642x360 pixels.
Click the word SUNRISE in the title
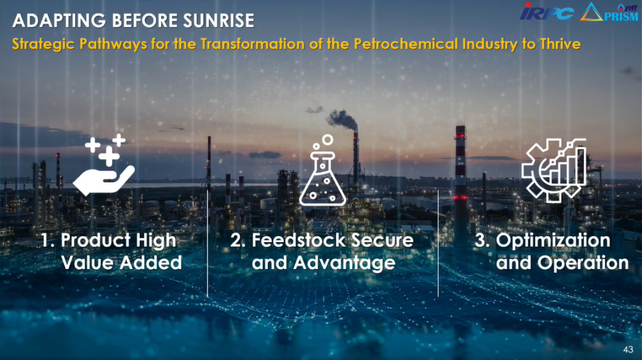click(x=218, y=21)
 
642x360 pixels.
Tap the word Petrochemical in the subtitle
click(x=406, y=44)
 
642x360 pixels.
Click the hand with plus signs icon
click(x=104, y=165)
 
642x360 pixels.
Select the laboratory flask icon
click(x=323, y=171)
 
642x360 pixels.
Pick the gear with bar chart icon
click(x=554, y=170)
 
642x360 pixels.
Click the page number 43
click(x=628, y=349)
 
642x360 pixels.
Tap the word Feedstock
click(x=298, y=240)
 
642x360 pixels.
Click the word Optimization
click(x=553, y=241)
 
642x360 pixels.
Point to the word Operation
click(x=582, y=263)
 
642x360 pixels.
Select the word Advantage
click(x=344, y=263)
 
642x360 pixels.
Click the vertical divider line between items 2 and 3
click(x=438, y=243)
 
